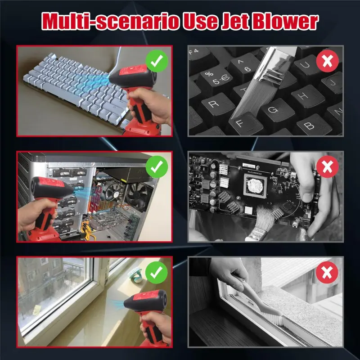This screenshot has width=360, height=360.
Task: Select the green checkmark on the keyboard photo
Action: click(x=157, y=61)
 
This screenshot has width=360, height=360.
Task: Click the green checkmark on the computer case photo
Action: click(x=157, y=166)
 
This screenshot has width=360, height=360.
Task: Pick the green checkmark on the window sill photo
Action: click(x=157, y=273)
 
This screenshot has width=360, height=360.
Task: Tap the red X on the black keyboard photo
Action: click(x=328, y=61)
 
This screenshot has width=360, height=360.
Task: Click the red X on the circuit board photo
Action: click(x=328, y=166)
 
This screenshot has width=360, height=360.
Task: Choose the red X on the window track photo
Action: click(x=327, y=273)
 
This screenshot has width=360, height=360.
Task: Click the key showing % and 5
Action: click(x=215, y=77)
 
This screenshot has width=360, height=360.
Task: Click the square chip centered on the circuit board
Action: click(x=255, y=185)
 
